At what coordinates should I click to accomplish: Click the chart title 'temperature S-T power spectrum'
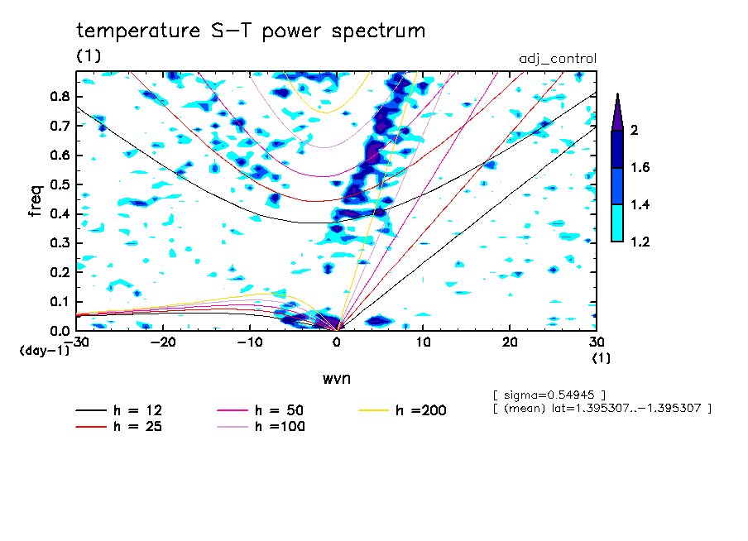[x=251, y=31]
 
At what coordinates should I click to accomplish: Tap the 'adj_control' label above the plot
[x=557, y=59]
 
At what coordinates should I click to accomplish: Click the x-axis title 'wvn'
[x=337, y=379]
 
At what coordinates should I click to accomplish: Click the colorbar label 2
[x=635, y=131]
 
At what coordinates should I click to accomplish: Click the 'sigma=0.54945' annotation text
[x=549, y=395]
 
